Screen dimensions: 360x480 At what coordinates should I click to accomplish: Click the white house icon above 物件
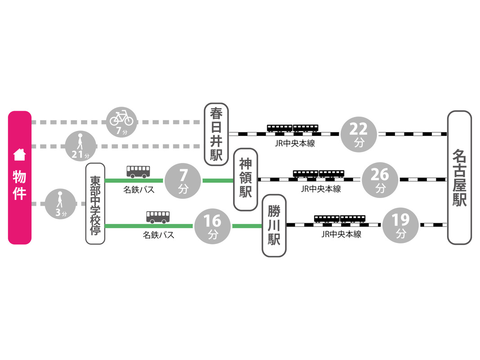[19, 155]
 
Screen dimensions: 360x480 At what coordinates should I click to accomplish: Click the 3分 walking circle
[60, 204]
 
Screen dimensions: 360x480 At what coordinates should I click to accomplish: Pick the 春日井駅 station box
[216, 134]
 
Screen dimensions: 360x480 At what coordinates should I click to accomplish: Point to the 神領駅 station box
[245, 180]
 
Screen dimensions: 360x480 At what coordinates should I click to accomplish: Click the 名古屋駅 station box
[459, 178]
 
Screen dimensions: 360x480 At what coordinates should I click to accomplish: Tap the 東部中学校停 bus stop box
[95, 203]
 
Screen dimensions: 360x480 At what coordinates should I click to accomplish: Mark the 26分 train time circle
[380, 180]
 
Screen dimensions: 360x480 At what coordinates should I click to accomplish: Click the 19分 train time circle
[401, 225]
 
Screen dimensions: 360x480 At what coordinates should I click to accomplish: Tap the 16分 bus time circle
[212, 225]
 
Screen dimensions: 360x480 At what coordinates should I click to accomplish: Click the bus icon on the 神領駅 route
[138, 171]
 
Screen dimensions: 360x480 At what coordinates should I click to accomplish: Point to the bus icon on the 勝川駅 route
[158, 217]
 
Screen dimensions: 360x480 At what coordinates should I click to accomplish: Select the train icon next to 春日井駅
[292, 128]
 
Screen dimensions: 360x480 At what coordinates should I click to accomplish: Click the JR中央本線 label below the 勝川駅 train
[341, 234]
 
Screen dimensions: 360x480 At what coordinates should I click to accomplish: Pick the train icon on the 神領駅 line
[319, 174]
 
